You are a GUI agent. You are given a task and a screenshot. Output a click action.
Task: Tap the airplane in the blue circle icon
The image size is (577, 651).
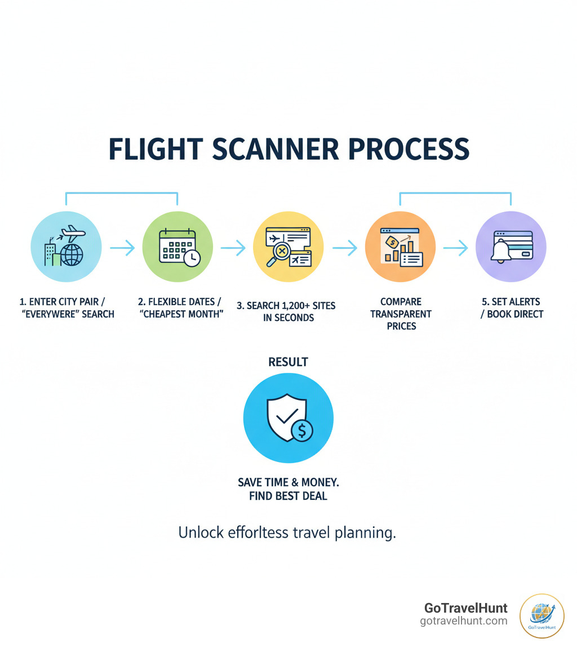click(x=73, y=232)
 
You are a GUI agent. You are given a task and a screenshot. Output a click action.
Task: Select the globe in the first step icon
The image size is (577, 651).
click(x=71, y=254)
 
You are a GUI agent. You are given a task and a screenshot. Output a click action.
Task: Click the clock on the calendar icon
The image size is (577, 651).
click(x=192, y=257)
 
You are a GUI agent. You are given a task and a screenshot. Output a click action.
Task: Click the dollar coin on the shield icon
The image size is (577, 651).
click(x=303, y=431)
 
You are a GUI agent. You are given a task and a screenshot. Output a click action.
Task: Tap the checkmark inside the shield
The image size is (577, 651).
click(x=285, y=417)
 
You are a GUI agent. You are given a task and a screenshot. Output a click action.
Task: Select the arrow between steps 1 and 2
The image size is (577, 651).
click(x=122, y=247)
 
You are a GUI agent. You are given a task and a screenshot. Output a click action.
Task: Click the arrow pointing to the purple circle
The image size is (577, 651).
click(x=455, y=247)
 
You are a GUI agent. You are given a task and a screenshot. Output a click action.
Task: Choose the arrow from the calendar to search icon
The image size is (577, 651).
click(x=233, y=247)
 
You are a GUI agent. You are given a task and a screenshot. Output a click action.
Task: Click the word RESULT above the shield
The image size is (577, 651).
click(x=288, y=362)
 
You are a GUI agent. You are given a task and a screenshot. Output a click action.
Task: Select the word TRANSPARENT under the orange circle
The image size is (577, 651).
click(x=401, y=314)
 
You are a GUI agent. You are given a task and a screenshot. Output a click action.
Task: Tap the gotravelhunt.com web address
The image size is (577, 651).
click(x=463, y=621)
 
